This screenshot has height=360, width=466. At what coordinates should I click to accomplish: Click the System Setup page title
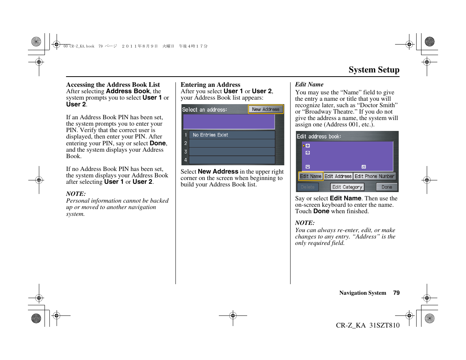pyautogui.click(x=374, y=70)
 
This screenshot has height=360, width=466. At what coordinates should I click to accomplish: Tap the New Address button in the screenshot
pyautogui.click(x=266, y=109)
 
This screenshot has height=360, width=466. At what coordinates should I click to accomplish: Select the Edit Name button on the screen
pyautogui.click(x=311, y=176)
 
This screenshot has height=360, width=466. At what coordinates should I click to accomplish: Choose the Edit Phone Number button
pyautogui.click(x=374, y=176)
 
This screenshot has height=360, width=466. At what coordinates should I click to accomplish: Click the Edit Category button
pyautogui.click(x=347, y=187)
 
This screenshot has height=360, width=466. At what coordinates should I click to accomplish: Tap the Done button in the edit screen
pyautogui.click(x=386, y=187)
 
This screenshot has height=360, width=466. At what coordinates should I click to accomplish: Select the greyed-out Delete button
pyautogui.click(x=308, y=187)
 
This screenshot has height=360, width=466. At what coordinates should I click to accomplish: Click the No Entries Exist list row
pyautogui.click(x=231, y=135)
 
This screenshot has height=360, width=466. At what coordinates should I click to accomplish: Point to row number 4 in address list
pyautogui.click(x=231, y=160)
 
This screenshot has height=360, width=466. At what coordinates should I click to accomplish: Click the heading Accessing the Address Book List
pyautogui.click(x=113, y=85)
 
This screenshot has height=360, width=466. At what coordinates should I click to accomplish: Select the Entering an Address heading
pyautogui.click(x=210, y=85)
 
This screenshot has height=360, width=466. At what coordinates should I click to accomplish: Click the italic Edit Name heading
pyautogui.click(x=309, y=85)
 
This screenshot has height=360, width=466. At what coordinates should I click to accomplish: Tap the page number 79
pyautogui.click(x=396, y=293)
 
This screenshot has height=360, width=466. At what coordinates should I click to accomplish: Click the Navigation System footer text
pyautogui.click(x=363, y=293)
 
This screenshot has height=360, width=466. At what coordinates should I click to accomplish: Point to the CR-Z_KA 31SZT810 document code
pyautogui.click(x=368, y=325)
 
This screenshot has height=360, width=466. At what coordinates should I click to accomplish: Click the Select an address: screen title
pyautogui.click(x=205, y=110)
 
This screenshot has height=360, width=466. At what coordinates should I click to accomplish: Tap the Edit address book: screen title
pyautogui.click(x=319, y=137)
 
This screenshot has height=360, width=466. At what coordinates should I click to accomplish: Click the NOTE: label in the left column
pyautogui.click(x=76, y=194)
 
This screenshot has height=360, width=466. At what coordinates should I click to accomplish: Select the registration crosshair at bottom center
pyautogui.click(x=233, y=315)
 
